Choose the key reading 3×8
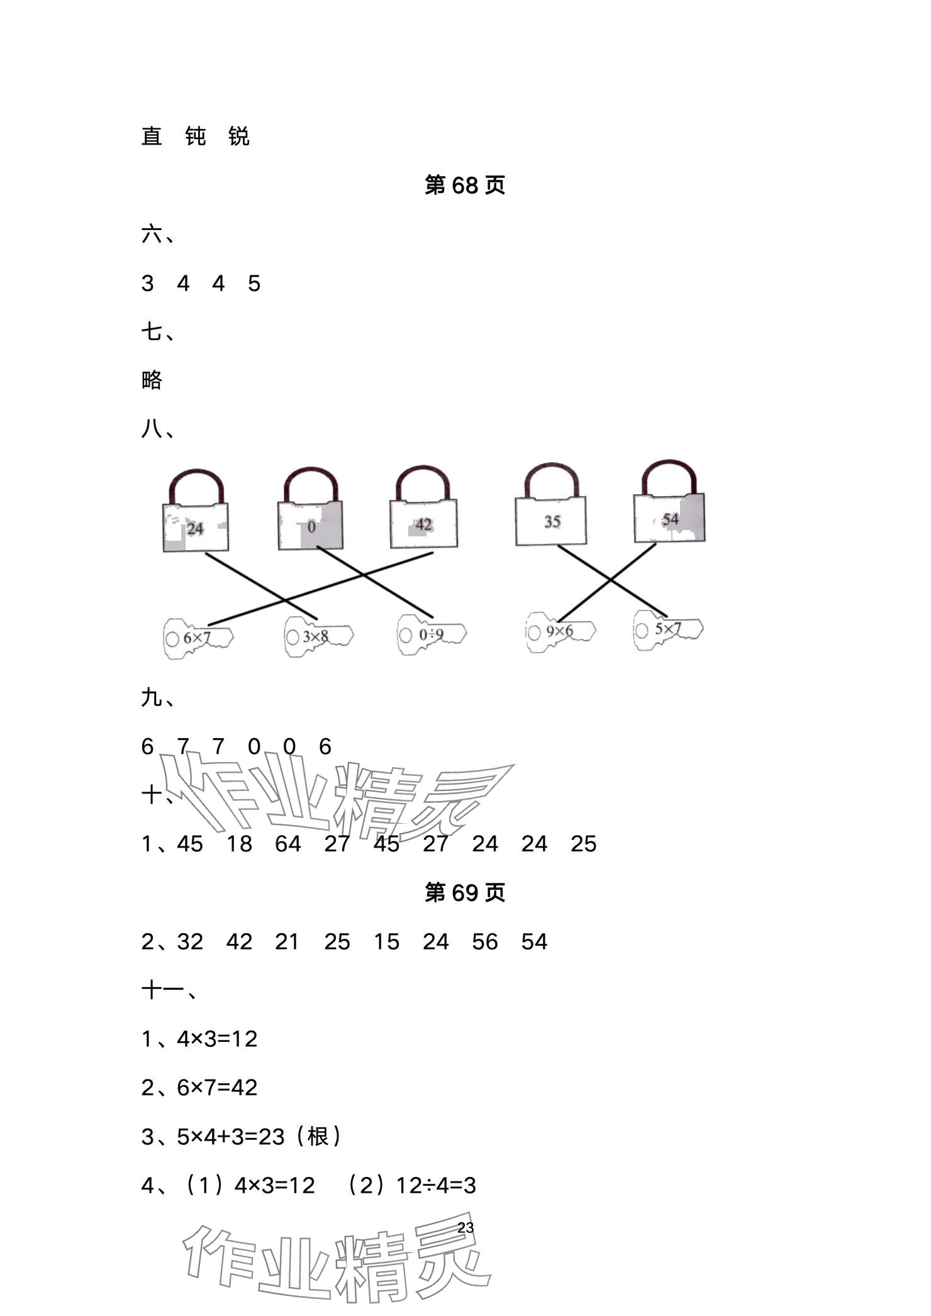(317, 636)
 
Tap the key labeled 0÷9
(432, 634)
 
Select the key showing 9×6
(560, 631)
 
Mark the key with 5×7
(667, 629)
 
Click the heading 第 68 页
(465, 185)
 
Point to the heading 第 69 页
(465, 893)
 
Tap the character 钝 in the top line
(196, 136)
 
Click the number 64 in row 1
(288, 844)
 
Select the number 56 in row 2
(485, 942)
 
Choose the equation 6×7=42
(217, 1088)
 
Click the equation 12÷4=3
(436, 1186)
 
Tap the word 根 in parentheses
(318, 1137)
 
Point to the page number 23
(465, 1227)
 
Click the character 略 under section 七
(152, 381)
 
